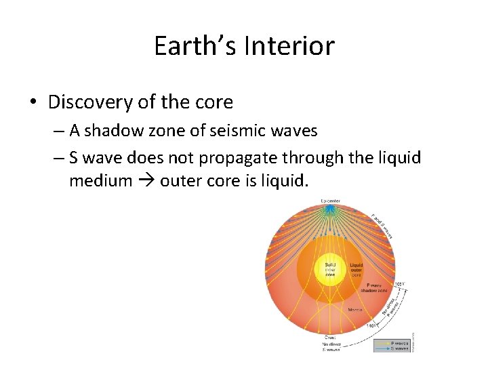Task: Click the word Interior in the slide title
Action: point(291,46)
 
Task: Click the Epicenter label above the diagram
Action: point(331,201)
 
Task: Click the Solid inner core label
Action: point(330,269)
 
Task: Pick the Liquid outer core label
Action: point(357,268)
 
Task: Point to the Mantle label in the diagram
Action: point(354,309)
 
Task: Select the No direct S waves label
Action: point(331,346)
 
